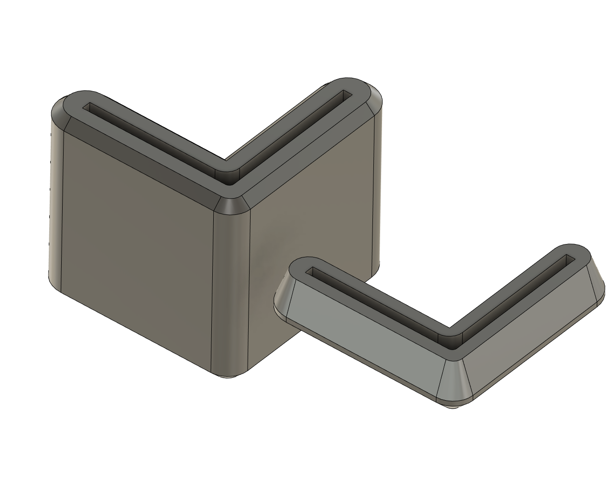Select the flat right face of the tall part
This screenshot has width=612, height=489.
pos(311,201)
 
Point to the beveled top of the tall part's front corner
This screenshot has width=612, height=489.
pos(232,206)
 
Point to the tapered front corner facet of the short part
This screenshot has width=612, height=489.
pos(454,377)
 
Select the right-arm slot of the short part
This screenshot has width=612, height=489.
pos(516,296)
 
